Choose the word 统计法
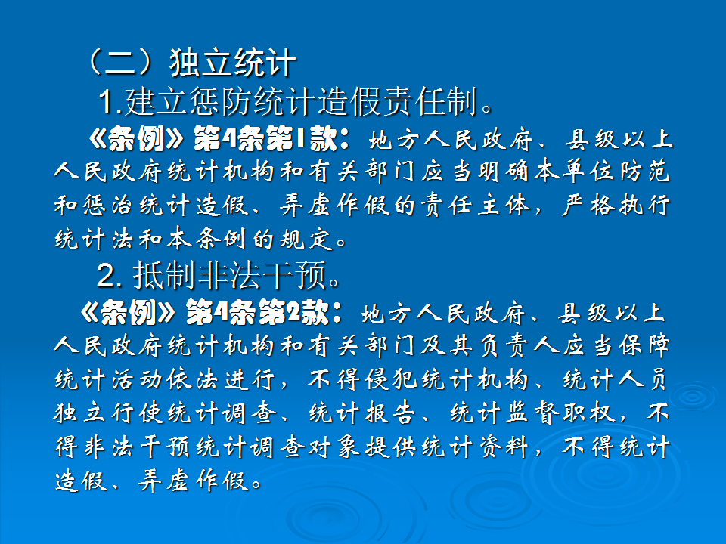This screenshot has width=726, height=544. pyautogui.click(x=95, y=240)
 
